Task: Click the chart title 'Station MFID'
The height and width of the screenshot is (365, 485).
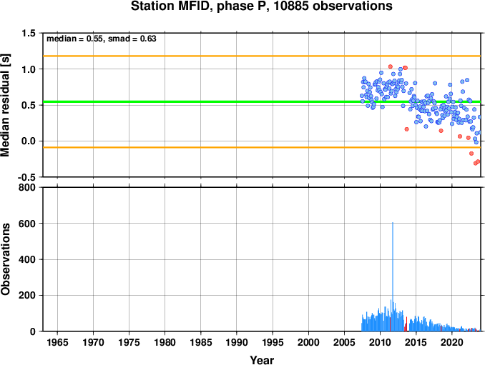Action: [x=172, y=6]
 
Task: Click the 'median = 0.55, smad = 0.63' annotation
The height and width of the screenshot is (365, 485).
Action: [x=102, y=39]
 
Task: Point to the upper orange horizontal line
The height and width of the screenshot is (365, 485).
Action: [x=262, y=56]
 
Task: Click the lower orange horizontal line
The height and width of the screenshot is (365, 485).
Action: [x=262, y=147]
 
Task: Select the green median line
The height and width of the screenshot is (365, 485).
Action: [x=262, y=101]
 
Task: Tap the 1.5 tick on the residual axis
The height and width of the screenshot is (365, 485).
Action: [x=28, y=34]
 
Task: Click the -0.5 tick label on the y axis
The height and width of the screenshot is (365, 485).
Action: [x=26, y=177]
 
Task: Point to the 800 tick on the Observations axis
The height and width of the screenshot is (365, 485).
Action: [x=27, y=187]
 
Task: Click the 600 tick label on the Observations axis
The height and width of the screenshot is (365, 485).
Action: [x=27, y=224]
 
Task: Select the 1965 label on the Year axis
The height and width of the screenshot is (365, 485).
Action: [x=57, y=342]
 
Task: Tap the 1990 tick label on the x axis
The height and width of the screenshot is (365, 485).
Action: [x=237, y=342]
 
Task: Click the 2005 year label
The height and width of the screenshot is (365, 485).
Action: [x=344, y=342]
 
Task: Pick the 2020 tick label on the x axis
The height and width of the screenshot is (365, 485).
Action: [x=452, y=342]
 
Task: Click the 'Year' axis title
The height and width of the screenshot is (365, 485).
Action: [x=262, y=360]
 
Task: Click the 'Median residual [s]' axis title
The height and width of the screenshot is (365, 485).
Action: [x=5, y=105]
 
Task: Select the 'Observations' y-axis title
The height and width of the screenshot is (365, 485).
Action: [x=5, y=259]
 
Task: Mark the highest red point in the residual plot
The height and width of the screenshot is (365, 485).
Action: [x=391, y=66]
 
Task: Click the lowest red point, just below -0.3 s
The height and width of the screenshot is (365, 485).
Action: [x=476, y=163]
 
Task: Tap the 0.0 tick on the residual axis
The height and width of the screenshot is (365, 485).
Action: [x=28, y=141]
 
